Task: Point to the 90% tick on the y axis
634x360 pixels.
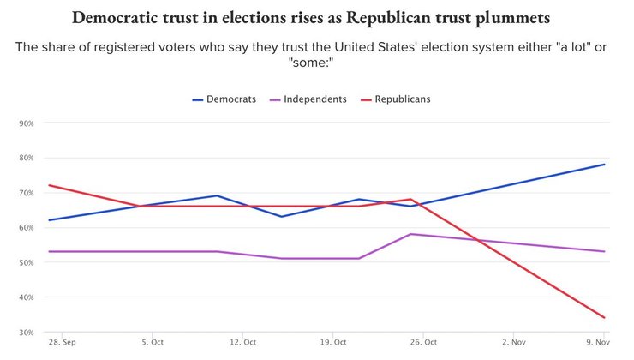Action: (x=26, y=123)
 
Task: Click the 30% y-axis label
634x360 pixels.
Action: (x=26, y=333)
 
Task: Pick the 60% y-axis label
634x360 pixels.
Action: (x=26, y=228)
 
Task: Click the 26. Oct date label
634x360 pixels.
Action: (x=424, y=343)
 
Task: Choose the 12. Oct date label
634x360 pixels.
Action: (x=244, y=343)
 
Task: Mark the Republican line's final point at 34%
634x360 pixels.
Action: (x=605, y=318)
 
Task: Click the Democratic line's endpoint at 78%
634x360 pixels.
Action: (x=605, y=165)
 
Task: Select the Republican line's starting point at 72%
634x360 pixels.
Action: (x=49, y=185)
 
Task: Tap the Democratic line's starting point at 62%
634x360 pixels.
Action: (x=49, y=220)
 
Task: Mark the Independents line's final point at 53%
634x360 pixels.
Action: (x=605, y=251)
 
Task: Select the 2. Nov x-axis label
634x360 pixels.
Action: (x=514, y=343)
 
